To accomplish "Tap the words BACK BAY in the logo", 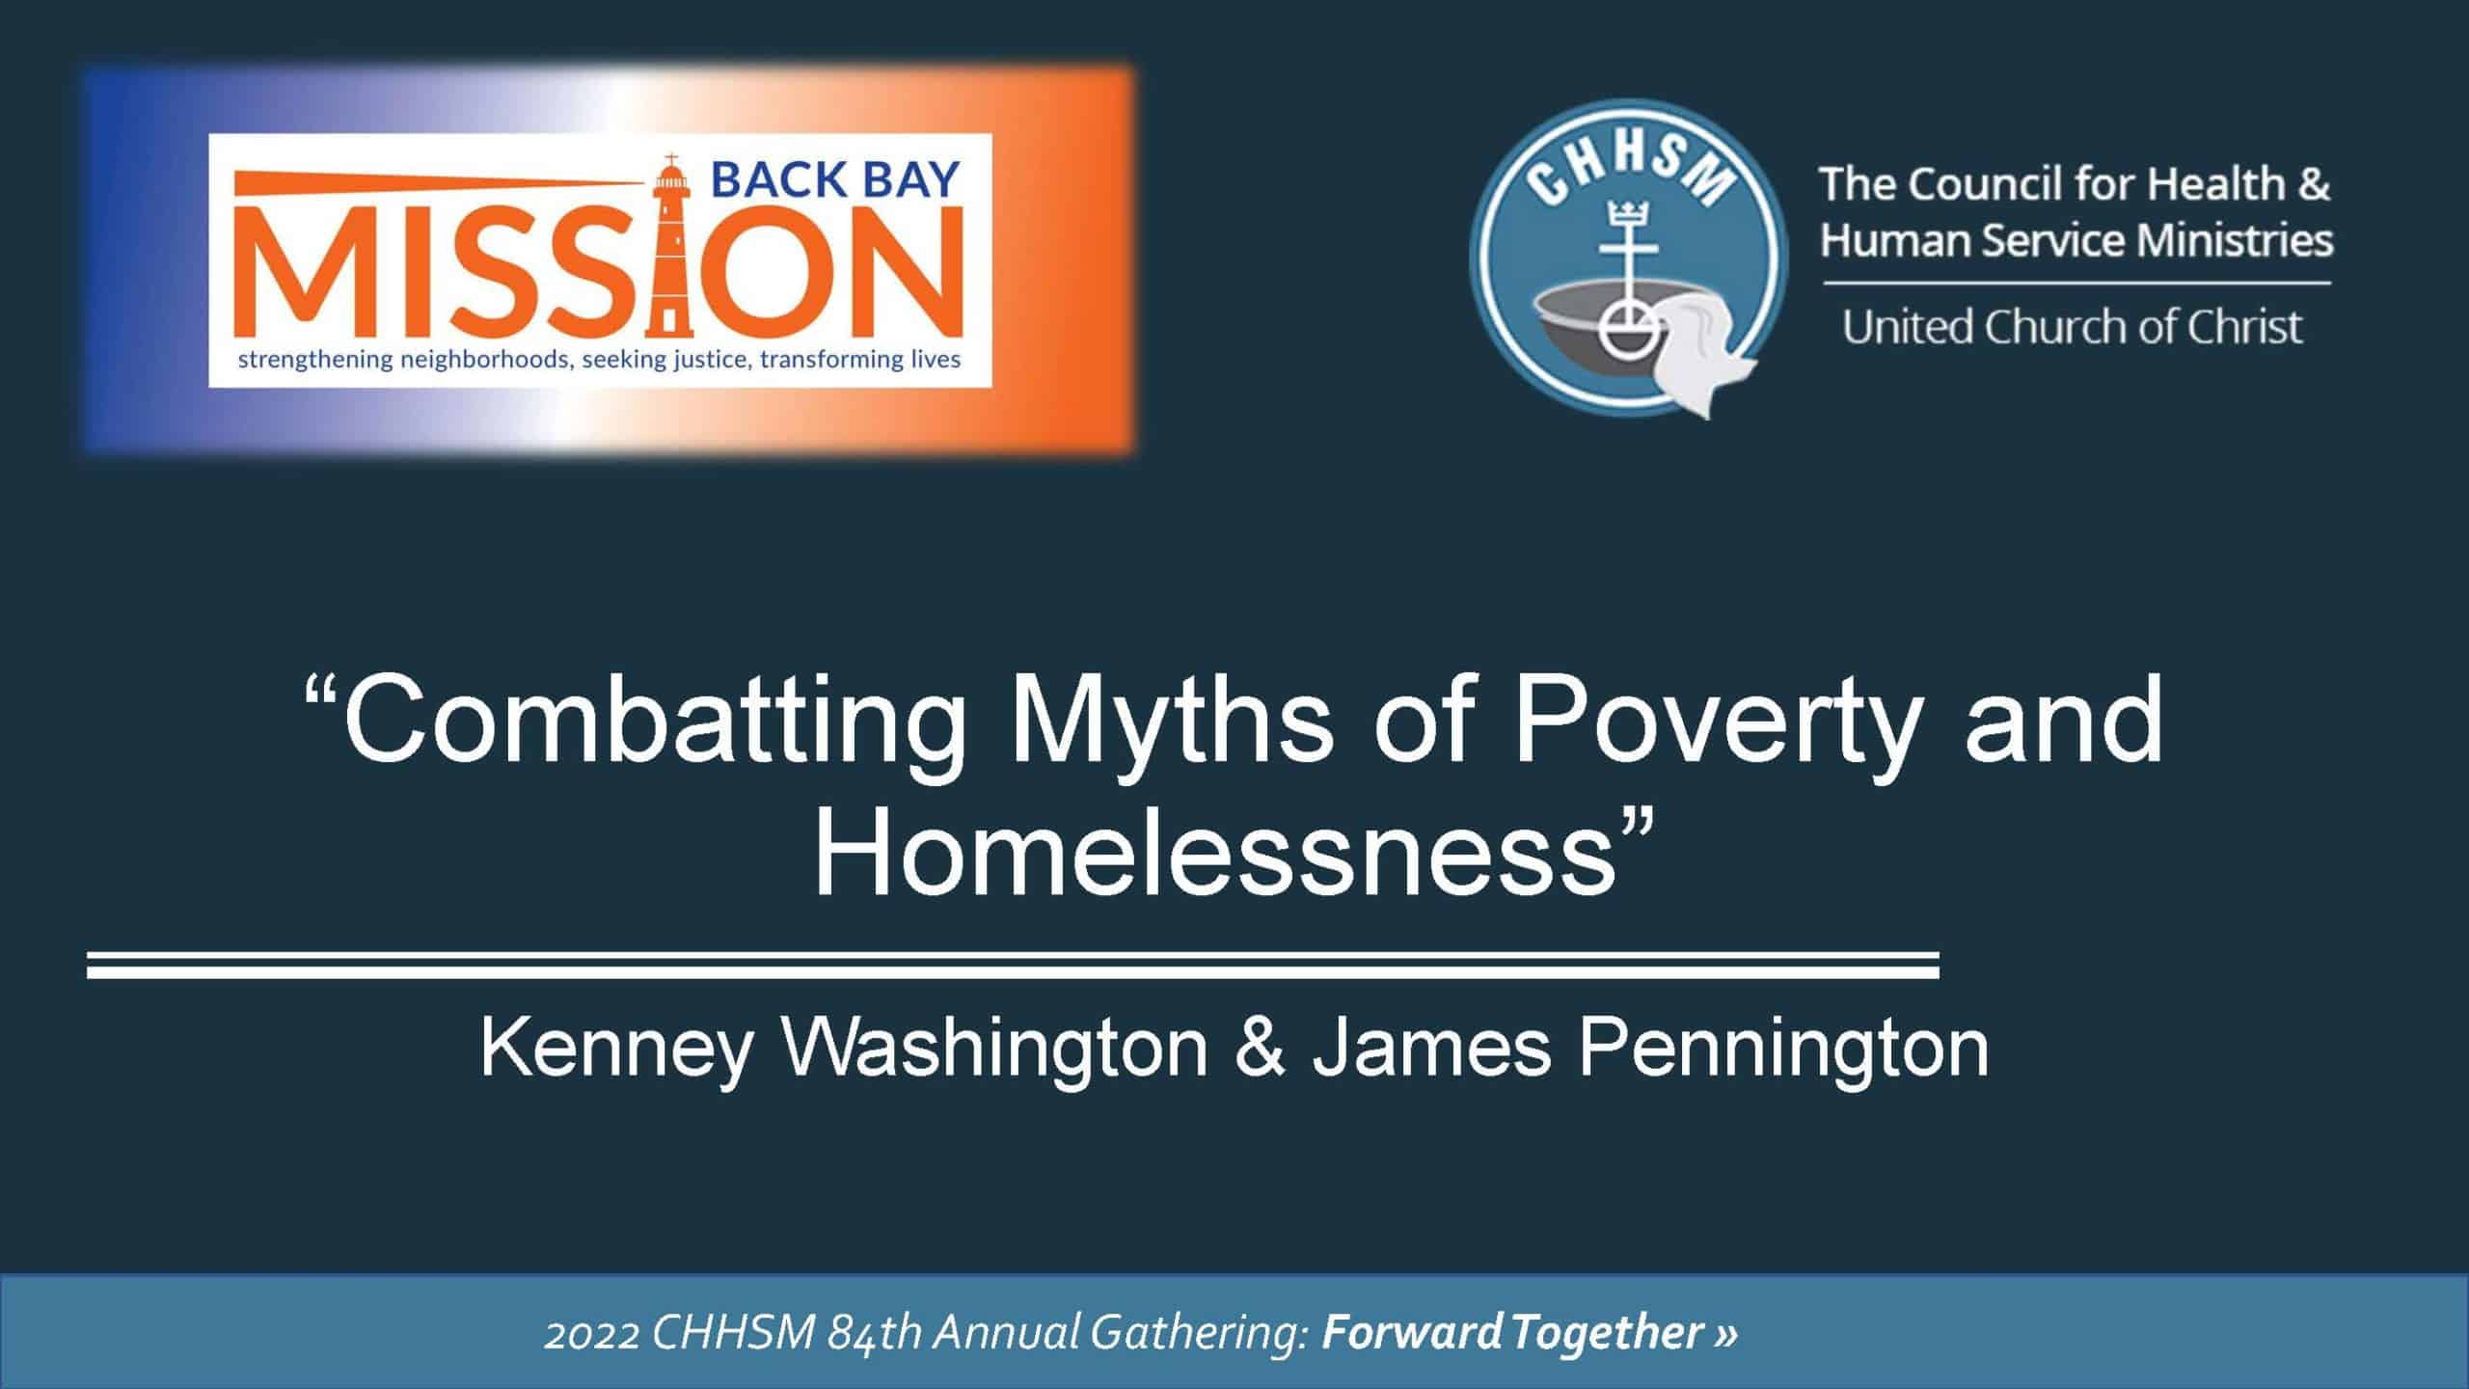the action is coord(835,180).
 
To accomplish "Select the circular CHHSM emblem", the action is coord(1628,257).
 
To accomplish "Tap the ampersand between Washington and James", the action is coord(1259,1048).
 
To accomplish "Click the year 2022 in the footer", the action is coord(590,1333).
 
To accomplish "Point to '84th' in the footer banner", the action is coord(875,1333).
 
